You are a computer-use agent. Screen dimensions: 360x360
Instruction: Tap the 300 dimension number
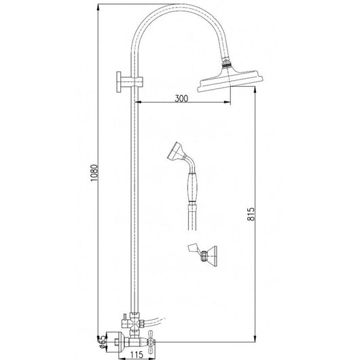click(181, 98)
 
